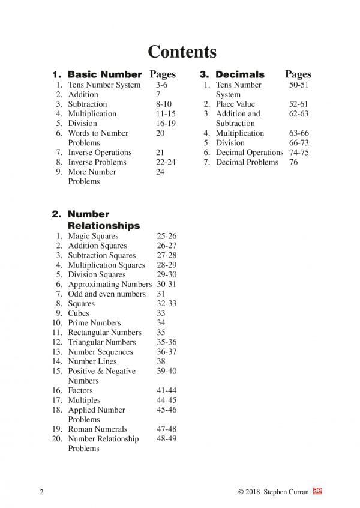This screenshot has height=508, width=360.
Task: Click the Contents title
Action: (x=182, y=52)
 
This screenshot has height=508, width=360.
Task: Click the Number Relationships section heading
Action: (x=103, y=220)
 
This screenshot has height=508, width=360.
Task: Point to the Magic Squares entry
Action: (x=93, y=236)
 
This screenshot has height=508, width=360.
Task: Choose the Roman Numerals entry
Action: (x=97, y=429)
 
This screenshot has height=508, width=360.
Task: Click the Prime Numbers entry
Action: (x=94, y=323)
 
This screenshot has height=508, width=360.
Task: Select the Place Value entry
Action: (x=235, y=104)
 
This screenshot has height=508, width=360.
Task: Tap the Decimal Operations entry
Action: (x=249, y=153)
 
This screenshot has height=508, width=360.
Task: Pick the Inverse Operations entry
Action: (x=100, y=153)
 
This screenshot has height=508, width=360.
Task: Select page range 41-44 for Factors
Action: (x=167, y=390)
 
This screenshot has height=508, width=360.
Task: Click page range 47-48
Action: (x=167, y=429)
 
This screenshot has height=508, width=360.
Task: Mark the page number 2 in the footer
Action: (x=41, y=492)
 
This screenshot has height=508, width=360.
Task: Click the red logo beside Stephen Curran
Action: (x=318, y=491)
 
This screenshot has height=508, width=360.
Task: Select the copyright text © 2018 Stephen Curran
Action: (x=273, y=492)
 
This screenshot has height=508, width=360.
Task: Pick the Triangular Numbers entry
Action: (x=101, y=342)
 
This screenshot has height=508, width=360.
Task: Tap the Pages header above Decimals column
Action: (x=298, y=75)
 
